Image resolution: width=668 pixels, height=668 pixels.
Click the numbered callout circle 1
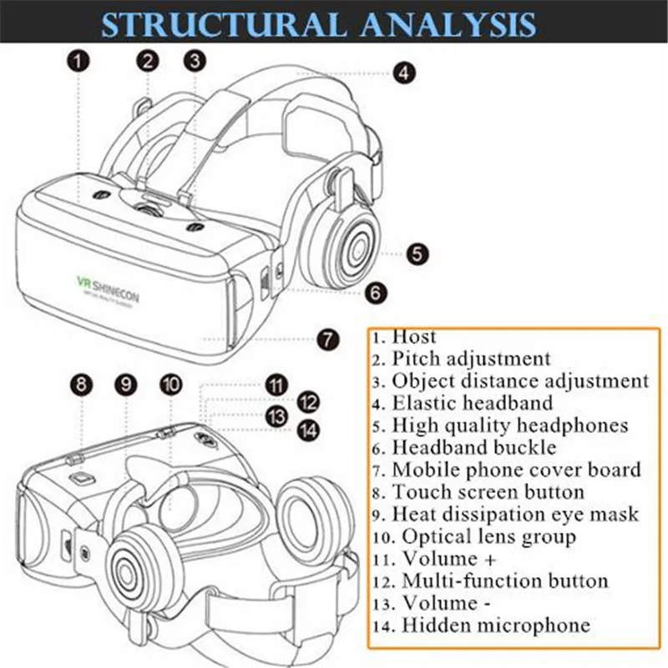click(78, 60)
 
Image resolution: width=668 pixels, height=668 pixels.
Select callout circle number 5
click(418, 254)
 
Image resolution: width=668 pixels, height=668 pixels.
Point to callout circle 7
click(328, 339)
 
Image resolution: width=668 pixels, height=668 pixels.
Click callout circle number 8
click(80, 384)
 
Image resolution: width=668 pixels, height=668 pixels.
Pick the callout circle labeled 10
click(170, 384)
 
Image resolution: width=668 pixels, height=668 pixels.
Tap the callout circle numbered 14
click(308, 429)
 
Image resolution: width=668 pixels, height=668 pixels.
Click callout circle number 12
click(308, 401)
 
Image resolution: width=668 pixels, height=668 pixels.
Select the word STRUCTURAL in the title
click(215, 24)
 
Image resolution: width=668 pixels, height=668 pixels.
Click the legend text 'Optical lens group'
click(489, 536)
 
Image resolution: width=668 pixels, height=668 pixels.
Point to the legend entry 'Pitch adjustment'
click(472, 359)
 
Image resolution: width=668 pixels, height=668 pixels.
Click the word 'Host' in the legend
click(414, 337)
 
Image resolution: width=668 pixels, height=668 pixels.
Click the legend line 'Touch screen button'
click(488, 492)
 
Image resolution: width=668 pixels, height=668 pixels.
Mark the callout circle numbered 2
click(149, 60)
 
